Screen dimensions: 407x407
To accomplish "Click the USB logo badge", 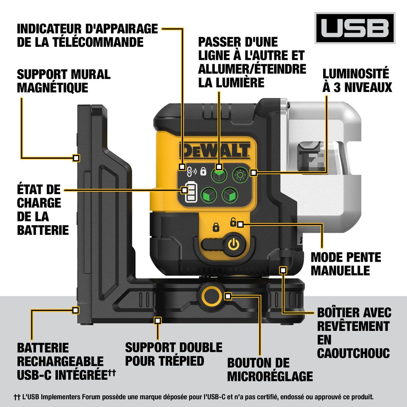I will coord(354,28).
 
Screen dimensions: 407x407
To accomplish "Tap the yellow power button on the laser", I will coord(232,245).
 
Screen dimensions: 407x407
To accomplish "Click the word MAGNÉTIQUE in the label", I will coord(53,88).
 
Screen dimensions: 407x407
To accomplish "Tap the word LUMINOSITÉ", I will coord(356,74).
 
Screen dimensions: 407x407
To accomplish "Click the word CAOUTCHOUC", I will coord(353,352).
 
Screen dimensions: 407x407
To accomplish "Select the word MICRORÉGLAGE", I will coord(270,376).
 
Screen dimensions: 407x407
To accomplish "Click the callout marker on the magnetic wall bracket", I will coord(76,157).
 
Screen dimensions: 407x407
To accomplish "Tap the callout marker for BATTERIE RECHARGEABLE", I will coord(75,310).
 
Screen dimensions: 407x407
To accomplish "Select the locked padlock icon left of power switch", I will coord(216,227).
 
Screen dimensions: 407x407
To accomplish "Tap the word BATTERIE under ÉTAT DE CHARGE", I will coord(43,230).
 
